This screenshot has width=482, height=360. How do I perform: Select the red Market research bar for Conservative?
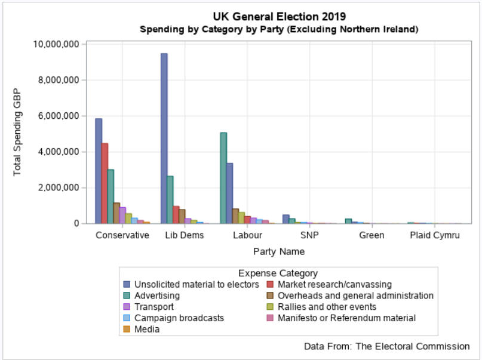coord(105,183)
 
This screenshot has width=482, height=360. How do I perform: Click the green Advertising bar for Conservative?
coord(110,196)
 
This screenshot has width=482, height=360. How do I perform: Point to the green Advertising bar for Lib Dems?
coord(170,199)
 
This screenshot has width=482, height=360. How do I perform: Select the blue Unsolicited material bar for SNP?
coord(285,219)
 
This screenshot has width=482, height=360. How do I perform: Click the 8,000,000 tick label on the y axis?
coord(58,80)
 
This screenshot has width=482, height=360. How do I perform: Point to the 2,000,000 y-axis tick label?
coord(58,187)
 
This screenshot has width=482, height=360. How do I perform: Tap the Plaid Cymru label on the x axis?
coord(435,235)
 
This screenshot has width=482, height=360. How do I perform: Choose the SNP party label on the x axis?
coord(310,235)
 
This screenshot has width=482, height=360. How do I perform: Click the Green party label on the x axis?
coord(372,235)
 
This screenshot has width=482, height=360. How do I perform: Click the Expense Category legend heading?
coord(278,273)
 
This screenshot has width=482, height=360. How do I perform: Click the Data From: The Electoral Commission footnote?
coord(386,346)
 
